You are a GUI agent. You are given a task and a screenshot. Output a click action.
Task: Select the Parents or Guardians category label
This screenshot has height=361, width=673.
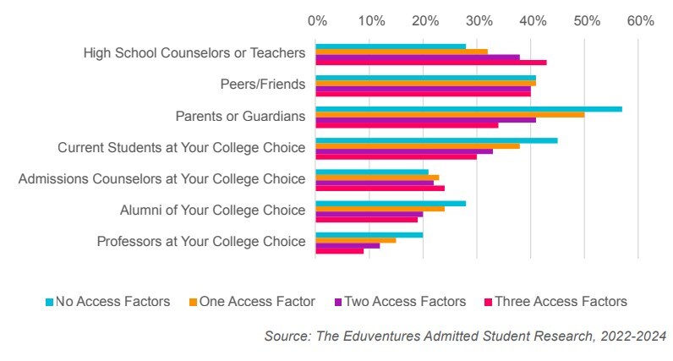tap(240, 116)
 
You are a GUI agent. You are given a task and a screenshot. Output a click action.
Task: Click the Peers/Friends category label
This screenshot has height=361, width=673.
tap(257, 85)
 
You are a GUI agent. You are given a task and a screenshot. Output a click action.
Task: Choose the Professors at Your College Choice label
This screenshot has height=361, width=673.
tap(201, 241)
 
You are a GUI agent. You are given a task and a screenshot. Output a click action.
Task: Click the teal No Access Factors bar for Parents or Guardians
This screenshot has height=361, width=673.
tap(469, 109)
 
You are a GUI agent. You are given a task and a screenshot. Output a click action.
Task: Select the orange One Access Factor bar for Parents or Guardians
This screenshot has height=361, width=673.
tap(450, 114)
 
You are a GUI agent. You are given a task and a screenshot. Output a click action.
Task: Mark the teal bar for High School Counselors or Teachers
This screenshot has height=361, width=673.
tap(391, 46)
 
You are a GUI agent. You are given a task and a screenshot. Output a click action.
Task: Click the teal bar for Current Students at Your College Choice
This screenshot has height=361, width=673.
tap(437, 140)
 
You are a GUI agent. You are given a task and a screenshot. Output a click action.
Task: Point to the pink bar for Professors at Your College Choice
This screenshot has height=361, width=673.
tap(340, 250)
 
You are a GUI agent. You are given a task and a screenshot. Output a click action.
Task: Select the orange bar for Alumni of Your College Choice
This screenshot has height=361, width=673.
tap(380, 208)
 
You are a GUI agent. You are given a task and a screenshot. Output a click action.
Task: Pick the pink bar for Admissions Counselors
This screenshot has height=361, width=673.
tap(380, 188)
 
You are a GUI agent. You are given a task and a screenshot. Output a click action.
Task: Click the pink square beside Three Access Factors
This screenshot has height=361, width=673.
tap(488, 302)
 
